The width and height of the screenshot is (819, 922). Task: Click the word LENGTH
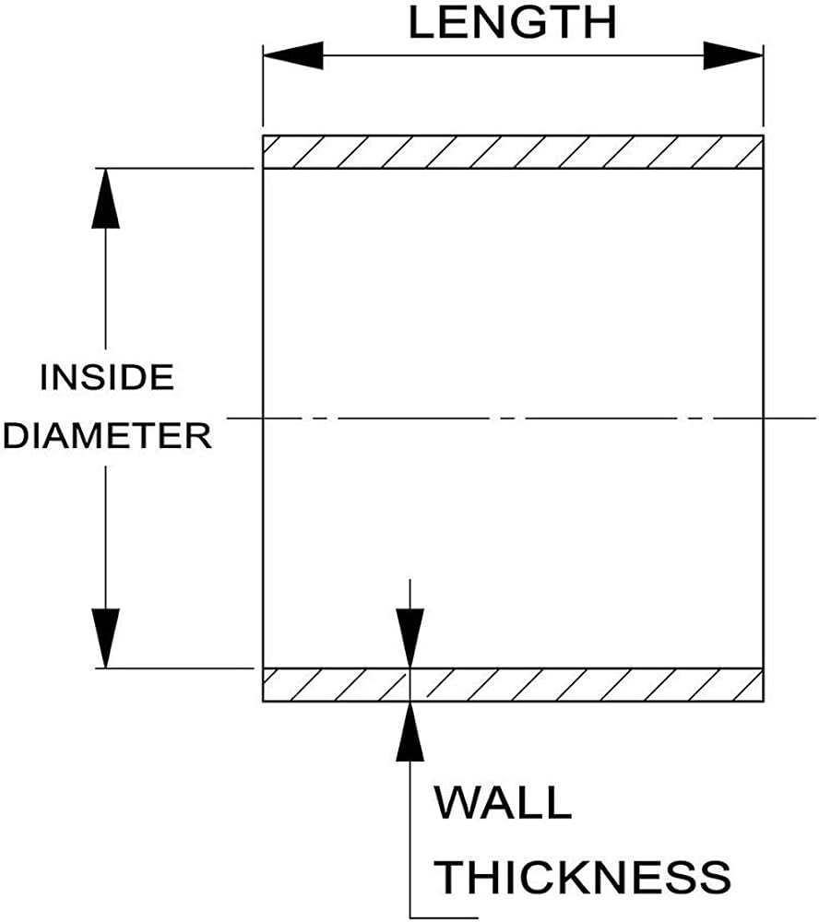click(x=513, y=23)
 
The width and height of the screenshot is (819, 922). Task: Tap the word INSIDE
click(x=107, y=377)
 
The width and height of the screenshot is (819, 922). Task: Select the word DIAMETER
click(x=107, y=436)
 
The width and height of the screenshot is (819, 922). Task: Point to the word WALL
click(x=503, y=803)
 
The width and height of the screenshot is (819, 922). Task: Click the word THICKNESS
click(x=583, y=877)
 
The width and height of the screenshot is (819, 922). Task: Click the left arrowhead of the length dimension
click(x=293, y=56)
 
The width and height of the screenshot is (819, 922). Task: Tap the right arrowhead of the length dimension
click(x=734, y=56)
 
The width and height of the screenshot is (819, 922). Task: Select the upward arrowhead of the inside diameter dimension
click(x=106, y=198)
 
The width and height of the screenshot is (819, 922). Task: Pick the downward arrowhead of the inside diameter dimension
click(x=106, y=638)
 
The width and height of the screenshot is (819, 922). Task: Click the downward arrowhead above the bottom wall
click(x=410, y=639)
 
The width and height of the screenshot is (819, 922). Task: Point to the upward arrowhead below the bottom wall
click(x=410, y=731)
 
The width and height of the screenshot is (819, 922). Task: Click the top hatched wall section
click(x=513, y=152)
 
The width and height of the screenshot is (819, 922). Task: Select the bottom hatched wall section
click(x=513, y=685)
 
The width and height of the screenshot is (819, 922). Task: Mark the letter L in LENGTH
click(x=421, y=23)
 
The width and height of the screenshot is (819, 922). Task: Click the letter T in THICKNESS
click(x=450, y=877)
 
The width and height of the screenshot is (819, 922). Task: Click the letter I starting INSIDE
click(x=43, y=377)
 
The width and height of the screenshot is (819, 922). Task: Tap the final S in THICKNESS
click(x=715, y=877)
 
